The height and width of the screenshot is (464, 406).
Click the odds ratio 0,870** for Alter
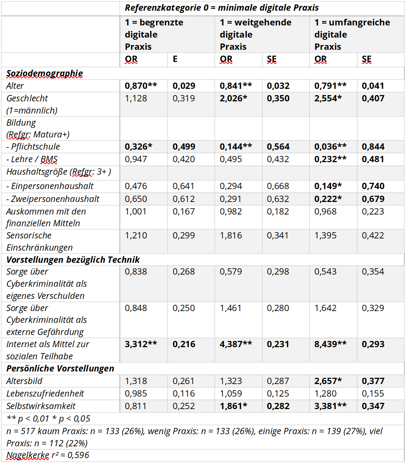[141, 86]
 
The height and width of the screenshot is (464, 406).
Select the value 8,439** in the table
[330, 344]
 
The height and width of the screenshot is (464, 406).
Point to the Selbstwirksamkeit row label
[41, 406]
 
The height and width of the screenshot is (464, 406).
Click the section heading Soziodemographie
[45, 73]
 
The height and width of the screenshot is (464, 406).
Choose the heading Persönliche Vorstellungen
[60, 369]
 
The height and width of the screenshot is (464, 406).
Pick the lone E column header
[175, 59]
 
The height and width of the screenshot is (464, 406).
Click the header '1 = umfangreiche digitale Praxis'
[352, 34]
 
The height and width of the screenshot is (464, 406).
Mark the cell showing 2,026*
[233, 98]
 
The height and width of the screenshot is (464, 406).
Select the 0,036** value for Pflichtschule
[330, 147]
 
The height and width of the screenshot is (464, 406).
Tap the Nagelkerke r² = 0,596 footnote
[48, 455]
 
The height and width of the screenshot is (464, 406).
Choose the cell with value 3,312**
[141, 344]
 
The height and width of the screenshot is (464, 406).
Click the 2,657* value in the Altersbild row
[328, 381]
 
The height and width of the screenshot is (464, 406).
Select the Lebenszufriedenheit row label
[45, 394]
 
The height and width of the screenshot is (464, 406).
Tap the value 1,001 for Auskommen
[135, 212]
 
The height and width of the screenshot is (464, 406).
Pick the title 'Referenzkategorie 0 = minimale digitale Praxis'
[222, 8]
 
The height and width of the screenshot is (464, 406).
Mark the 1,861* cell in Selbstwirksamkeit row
[233, 406]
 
